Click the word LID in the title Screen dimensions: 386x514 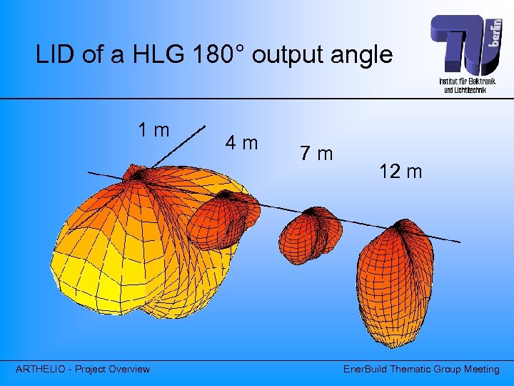coord(56,55)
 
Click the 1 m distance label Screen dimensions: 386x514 coord(154,130)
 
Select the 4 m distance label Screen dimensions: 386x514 coord(241,143)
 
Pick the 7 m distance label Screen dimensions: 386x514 coord(316,154)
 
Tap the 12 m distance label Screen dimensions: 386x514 coord(400,172)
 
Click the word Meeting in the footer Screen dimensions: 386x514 coord(480,369)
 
